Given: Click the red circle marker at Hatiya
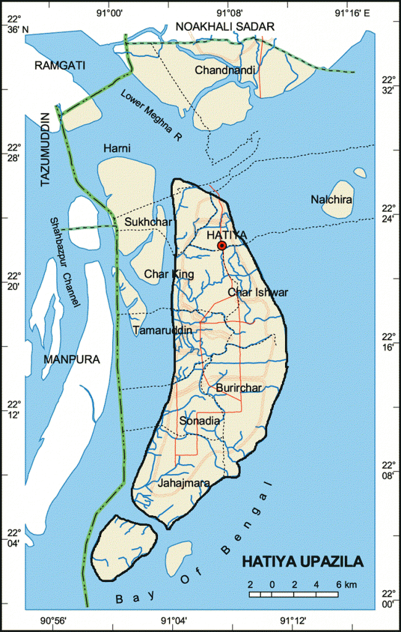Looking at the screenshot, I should pos(222,246).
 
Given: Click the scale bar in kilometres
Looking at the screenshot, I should pos(294,594).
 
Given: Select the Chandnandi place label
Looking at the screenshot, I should pos(225,70).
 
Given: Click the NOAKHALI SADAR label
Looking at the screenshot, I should pos(225,25).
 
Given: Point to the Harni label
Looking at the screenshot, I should pos(117,148).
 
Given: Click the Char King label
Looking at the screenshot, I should pos(169,274).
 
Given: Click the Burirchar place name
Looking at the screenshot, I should pos(239,388).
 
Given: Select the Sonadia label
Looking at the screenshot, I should pos(199,420).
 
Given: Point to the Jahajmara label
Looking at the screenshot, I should pos(184,483).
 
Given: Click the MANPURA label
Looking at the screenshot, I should pos(72,359).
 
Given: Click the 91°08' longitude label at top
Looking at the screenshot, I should pos(229,12).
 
